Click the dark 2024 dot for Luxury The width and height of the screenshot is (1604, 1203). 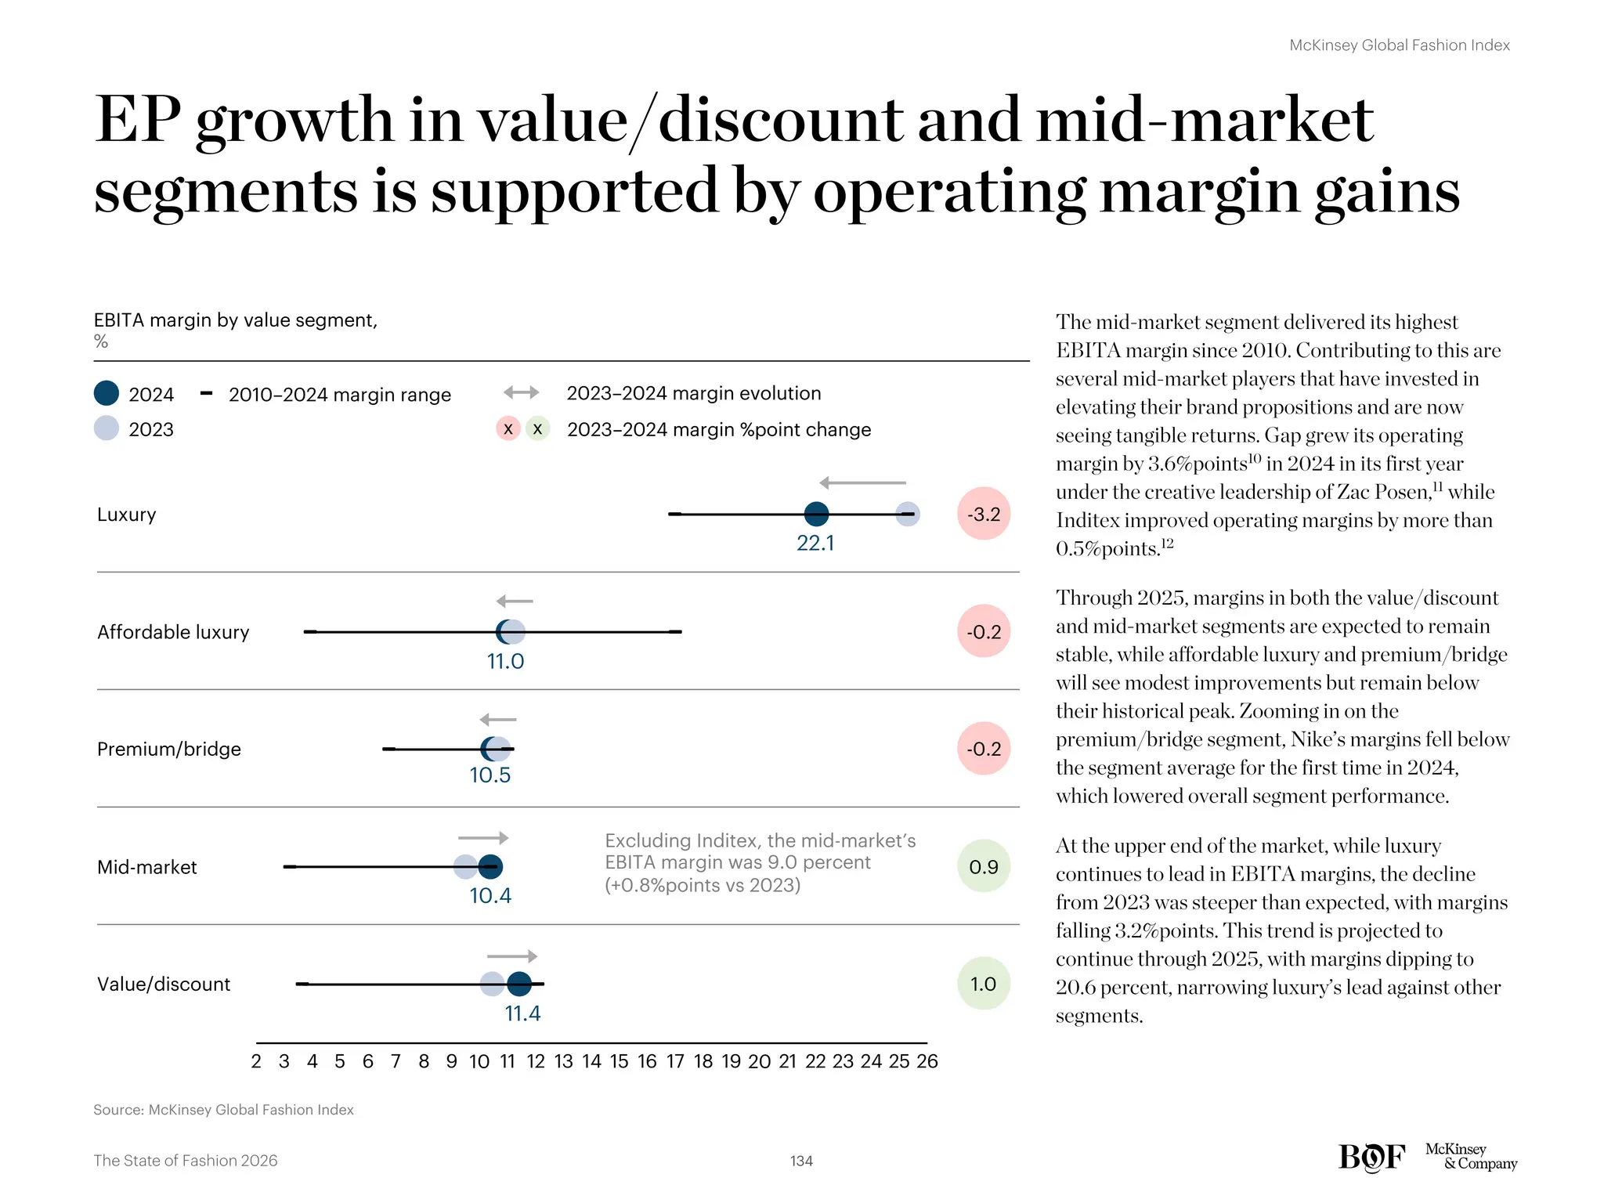tap(816, 515)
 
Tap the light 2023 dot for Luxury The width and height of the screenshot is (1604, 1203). tap(908, 515)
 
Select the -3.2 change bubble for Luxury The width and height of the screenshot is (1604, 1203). tap(984, 515)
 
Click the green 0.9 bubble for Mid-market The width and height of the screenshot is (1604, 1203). tap(984, 867)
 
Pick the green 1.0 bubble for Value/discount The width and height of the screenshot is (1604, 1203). tap(984, 984)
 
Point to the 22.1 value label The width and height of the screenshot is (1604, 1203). tap(815, 544)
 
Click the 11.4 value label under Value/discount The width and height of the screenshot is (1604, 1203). tap(522, 1013)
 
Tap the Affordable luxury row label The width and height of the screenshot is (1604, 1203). tap(173, 632)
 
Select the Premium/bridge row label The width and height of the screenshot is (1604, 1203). tap(169, 750)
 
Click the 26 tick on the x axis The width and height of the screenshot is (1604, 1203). tap(927, 1062)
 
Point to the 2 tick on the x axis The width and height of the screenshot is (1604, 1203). tap(256, 1062)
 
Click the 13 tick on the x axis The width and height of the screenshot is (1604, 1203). tap(564, 1062)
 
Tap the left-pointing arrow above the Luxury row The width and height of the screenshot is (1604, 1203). tap(862, 483)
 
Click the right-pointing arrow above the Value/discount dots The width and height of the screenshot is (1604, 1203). tap(512, 956)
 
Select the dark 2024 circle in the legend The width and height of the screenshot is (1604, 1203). tap(107, 393)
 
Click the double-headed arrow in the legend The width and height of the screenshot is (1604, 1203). tap(521, 392)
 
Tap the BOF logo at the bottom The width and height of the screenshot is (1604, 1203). tap(1371, 1157)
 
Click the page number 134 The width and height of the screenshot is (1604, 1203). tap(801, 1161)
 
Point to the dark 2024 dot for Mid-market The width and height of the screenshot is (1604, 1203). tap(490, 867)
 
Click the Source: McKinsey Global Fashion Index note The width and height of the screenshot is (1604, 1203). tap(223, 1110)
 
